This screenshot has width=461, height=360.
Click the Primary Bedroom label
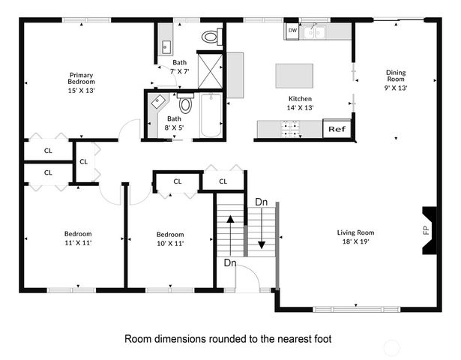coord(81,78)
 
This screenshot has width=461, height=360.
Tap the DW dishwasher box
coord(292,30)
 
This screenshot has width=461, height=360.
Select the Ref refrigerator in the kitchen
coord(337,128)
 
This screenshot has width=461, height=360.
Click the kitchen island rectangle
coord(294,76)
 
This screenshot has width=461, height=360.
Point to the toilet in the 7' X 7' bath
coord(212,37)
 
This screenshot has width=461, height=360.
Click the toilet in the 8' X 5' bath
coord(185,103)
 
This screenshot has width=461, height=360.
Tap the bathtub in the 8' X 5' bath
coord(211,115)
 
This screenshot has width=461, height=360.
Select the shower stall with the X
coord(210,71)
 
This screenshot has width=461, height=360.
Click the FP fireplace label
coord(427,229)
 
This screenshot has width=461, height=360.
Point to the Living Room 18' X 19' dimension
coord(355,241)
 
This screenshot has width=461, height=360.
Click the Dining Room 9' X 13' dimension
coord(396,88)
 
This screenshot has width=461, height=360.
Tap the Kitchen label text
coord(300,98)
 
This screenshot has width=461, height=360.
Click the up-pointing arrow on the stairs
coord(230,235)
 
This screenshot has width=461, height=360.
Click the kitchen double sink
coord(314,32)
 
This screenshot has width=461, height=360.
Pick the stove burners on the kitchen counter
coord(290,129)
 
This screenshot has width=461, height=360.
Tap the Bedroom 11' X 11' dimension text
coord(78,243)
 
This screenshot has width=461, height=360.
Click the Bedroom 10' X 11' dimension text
coord(170,243)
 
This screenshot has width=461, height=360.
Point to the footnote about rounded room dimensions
coord(228,339)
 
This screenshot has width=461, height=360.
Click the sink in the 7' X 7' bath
coord(166,47)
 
